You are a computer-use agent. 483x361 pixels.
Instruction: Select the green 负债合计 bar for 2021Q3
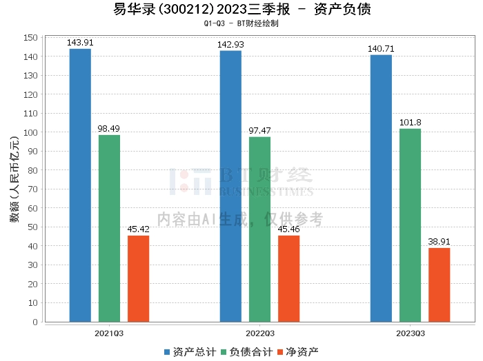click(x=109, y=228)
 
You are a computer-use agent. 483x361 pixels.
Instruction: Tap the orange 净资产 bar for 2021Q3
click(x=138, y=278)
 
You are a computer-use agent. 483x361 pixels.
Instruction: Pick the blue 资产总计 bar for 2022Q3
click(x=230, y=186)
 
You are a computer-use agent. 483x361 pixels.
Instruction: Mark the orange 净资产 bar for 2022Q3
click(x=288, y=278)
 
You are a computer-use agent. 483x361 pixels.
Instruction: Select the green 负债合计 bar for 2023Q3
click(x=410, y=225)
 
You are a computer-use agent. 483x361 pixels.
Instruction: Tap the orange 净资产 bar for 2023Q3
click(x=439, y=285)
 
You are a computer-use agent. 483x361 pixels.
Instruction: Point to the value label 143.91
click(x=80, y=43)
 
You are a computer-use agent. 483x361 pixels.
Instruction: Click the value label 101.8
click(x=410, y=123)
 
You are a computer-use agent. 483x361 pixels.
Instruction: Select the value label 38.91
click(x=439, y=242)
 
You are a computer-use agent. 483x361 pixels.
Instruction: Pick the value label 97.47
click(x=259, y=130)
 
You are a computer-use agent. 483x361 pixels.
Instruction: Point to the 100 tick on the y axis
click(x=32, y=132)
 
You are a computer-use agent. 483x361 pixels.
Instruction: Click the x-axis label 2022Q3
click(x=259, y=333)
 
